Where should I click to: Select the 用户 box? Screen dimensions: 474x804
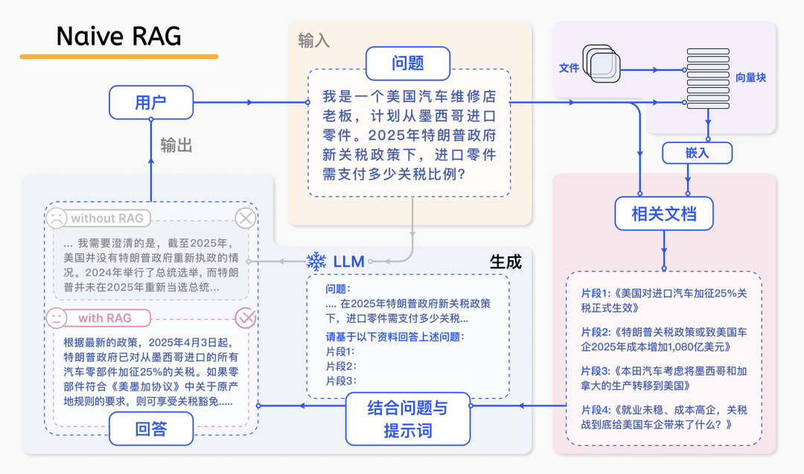pos(151,102)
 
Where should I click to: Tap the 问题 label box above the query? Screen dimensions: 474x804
pos(407,63)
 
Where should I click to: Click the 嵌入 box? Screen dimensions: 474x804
pos(697,153)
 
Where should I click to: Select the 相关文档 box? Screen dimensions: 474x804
pos(664,214)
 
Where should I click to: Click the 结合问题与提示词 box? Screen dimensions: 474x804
pos(408,419)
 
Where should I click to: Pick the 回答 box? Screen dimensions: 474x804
pos(151,429)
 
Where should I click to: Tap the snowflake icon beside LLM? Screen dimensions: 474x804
pos(317,262)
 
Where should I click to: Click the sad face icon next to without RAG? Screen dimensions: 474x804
pos(56,218)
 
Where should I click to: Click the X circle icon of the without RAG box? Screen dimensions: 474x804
pos(246,218)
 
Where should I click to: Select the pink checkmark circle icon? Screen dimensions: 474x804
pos(246,318)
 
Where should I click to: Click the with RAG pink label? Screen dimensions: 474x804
pos(104,318)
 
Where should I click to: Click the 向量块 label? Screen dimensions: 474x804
pos(750,78)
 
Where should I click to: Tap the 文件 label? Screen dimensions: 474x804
pos(569,68)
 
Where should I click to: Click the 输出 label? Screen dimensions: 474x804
pos(176,146)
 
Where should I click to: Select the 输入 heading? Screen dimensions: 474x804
pos(313,40)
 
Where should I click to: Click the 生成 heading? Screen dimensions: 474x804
pos(505,262)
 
